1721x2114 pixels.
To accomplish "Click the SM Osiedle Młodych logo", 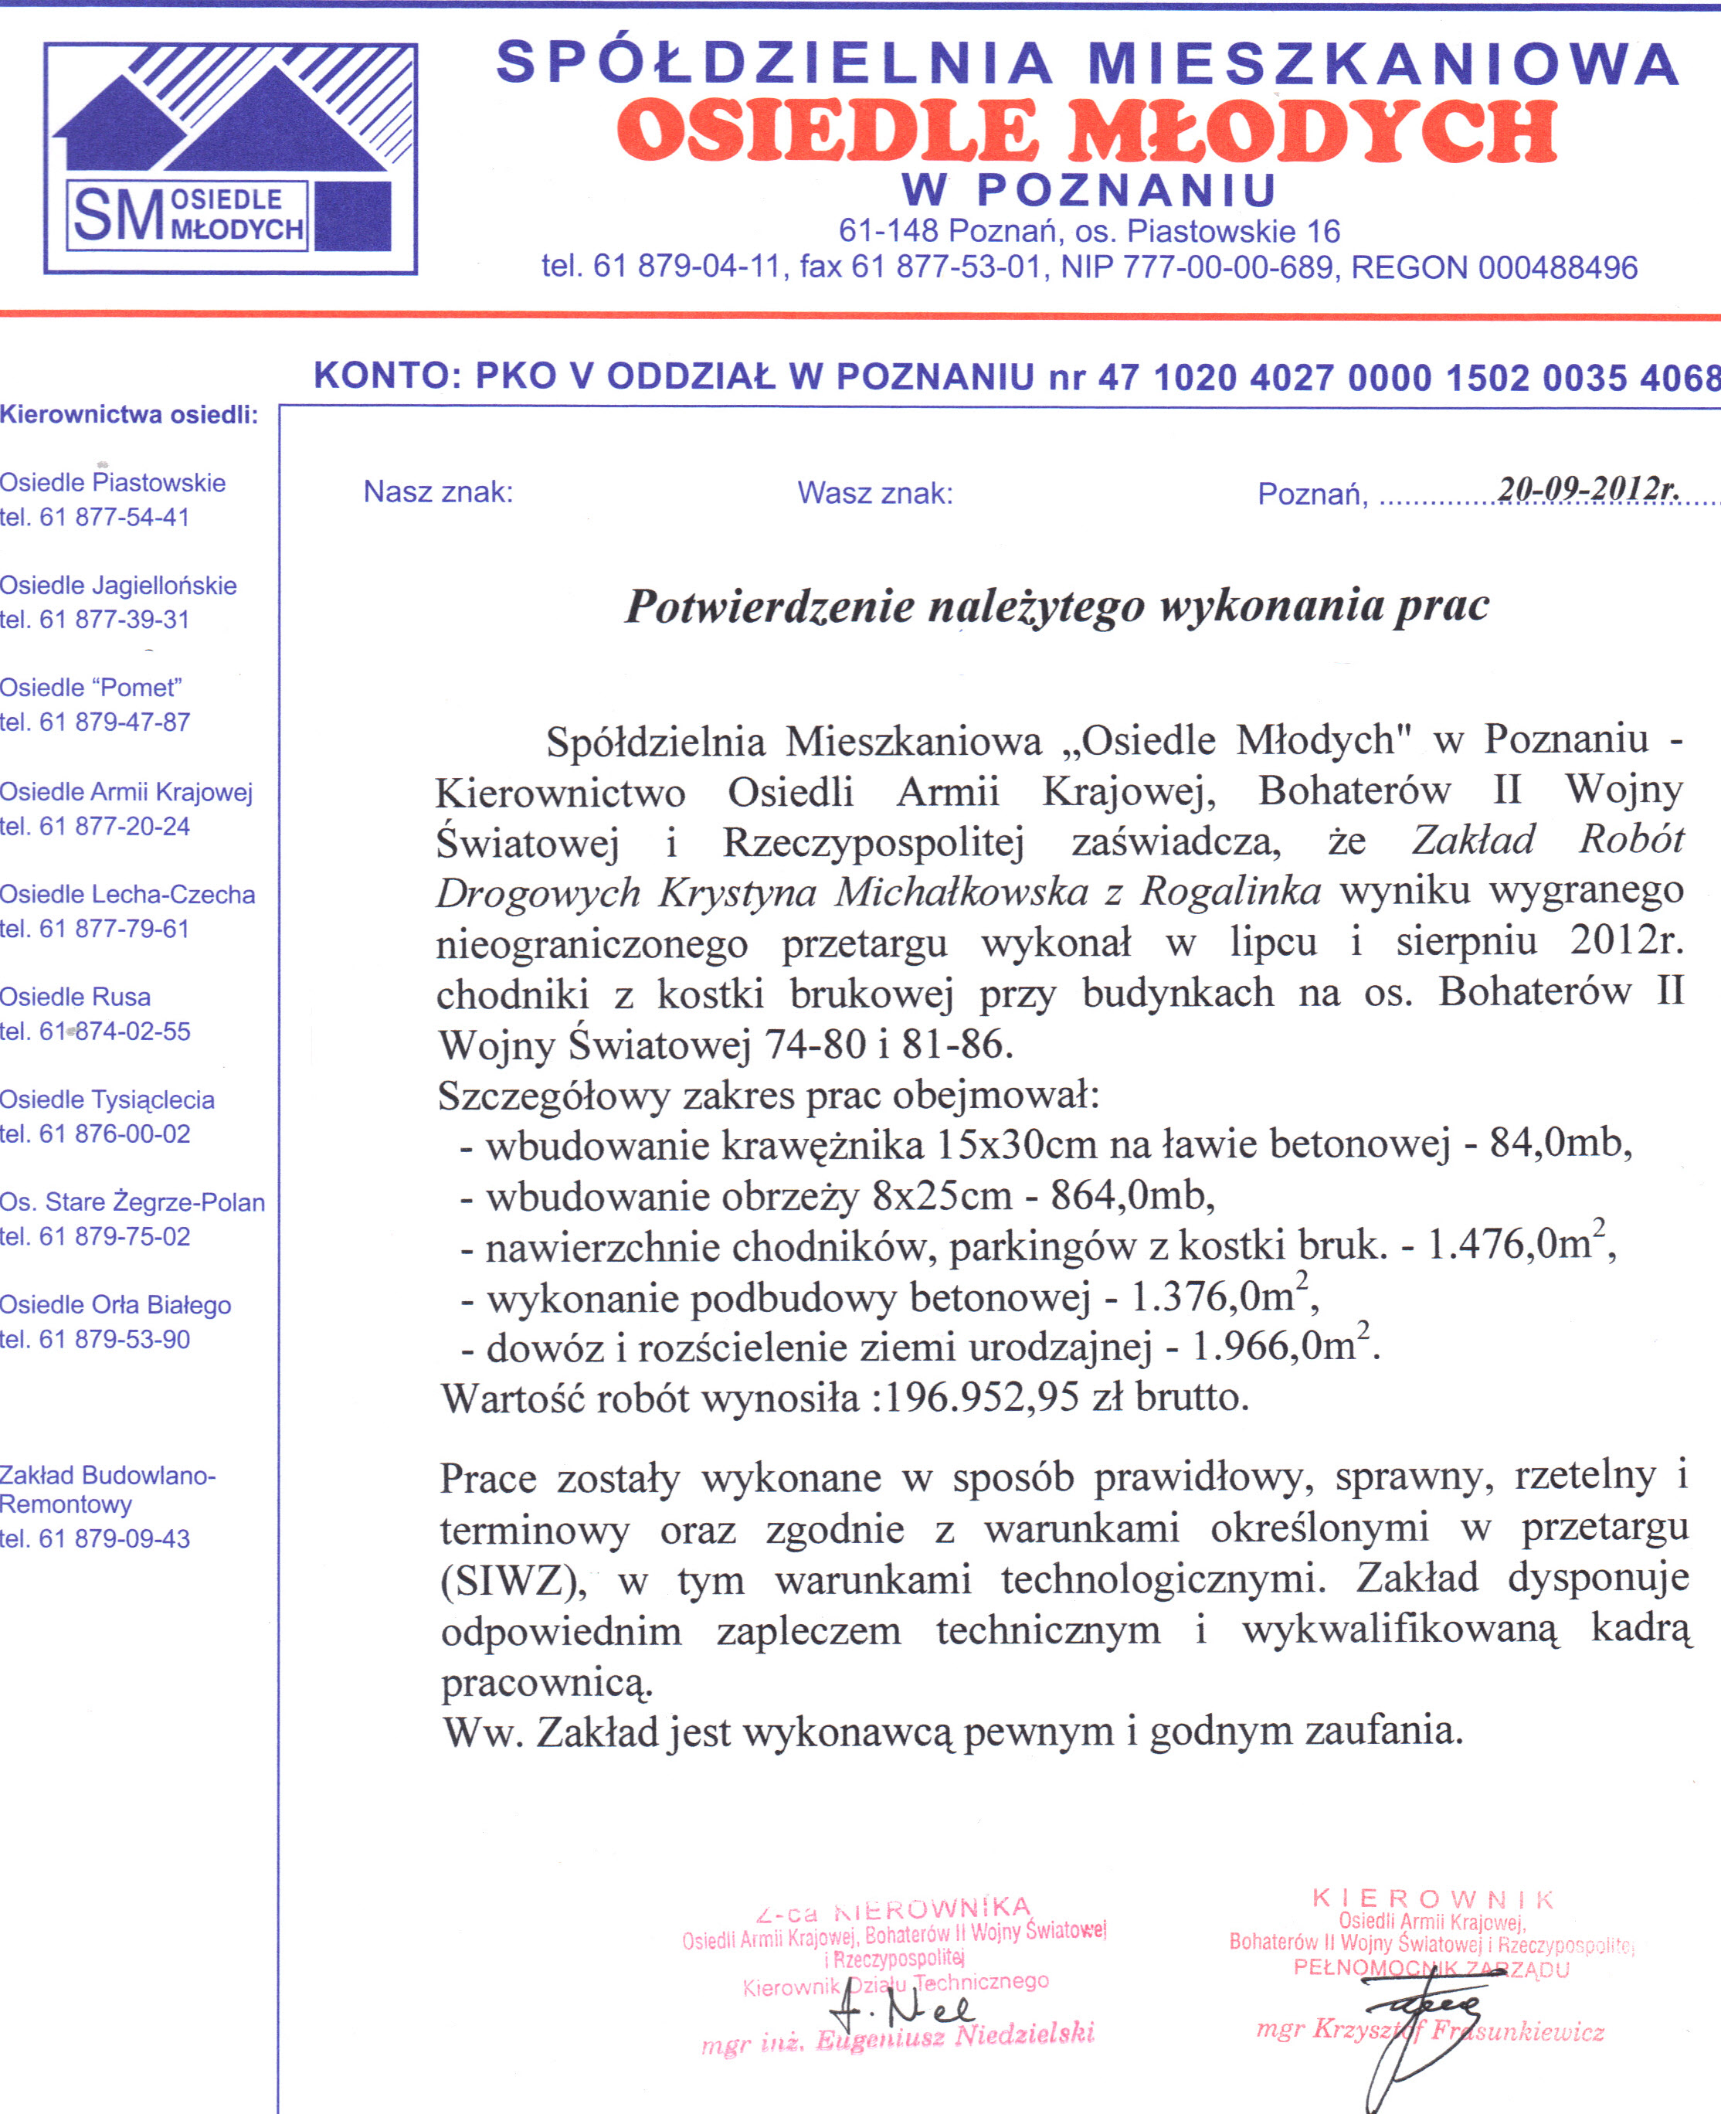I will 230,158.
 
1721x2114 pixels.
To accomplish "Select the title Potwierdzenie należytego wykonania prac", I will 1056,606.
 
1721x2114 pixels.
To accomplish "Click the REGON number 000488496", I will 1557,267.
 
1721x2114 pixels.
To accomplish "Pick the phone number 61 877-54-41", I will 114,518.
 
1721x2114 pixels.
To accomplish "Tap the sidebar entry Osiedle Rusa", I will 76,997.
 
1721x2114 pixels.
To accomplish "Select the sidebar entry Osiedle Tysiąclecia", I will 107,1099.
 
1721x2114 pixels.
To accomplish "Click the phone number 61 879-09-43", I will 114,1539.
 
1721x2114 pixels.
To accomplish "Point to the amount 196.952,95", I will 982,1398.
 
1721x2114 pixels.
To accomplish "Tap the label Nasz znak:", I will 438,492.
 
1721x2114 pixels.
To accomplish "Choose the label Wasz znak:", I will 874,493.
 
